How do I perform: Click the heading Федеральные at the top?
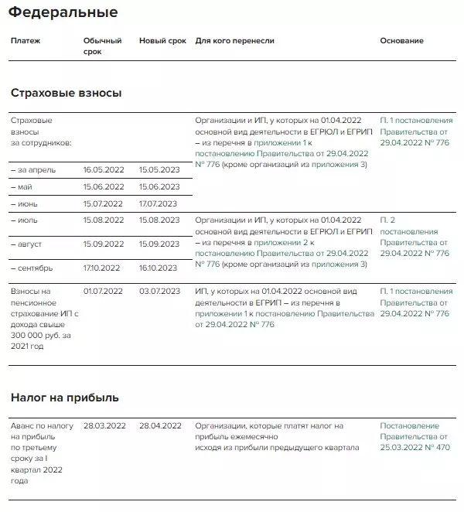[64, 12]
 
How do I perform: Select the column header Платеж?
[26, 40]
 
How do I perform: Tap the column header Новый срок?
[162, 40]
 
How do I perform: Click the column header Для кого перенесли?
[235, 40]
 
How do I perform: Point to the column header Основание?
[401, 40]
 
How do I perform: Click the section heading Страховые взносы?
[66, 93]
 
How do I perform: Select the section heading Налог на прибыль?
[64, 398]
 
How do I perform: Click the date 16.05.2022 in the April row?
[103, 169]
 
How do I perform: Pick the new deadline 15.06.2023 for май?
[159, 187]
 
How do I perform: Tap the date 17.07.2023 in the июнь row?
[159, 204]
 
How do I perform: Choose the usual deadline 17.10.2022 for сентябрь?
[102, 268]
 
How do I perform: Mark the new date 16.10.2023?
[159, 268]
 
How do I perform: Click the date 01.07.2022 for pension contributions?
[103, 292]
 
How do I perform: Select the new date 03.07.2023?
[159, 292]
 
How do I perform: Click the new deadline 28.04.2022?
[160, 426]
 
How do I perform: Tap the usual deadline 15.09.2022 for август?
[103, 244]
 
